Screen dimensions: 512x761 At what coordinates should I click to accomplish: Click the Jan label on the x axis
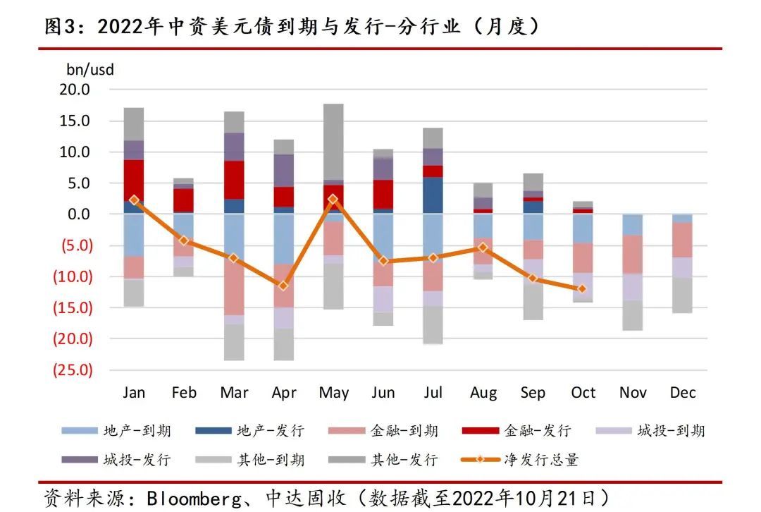pos(134,393)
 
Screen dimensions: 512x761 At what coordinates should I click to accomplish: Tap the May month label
pos(333,393)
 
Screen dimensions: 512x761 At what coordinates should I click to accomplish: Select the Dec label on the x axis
pos(683,393)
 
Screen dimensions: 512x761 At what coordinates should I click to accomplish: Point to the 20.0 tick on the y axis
pos(75,90)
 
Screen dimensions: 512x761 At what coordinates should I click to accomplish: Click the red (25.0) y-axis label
pos(73,370)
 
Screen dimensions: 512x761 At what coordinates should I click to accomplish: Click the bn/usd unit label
pos(89,70)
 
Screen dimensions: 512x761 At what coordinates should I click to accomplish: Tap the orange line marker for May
pos(333,200)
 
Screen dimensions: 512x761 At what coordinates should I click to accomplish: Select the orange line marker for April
pos(283,286)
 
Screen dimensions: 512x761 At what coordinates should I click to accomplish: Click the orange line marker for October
pos(582,288)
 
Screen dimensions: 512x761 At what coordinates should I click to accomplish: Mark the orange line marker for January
pos(134,200)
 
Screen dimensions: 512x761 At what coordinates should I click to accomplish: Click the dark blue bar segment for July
pos(433,195)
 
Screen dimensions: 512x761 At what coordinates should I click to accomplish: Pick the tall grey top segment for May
pos(333,142)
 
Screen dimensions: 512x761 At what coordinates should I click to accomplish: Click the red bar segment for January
pos(134,181)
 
